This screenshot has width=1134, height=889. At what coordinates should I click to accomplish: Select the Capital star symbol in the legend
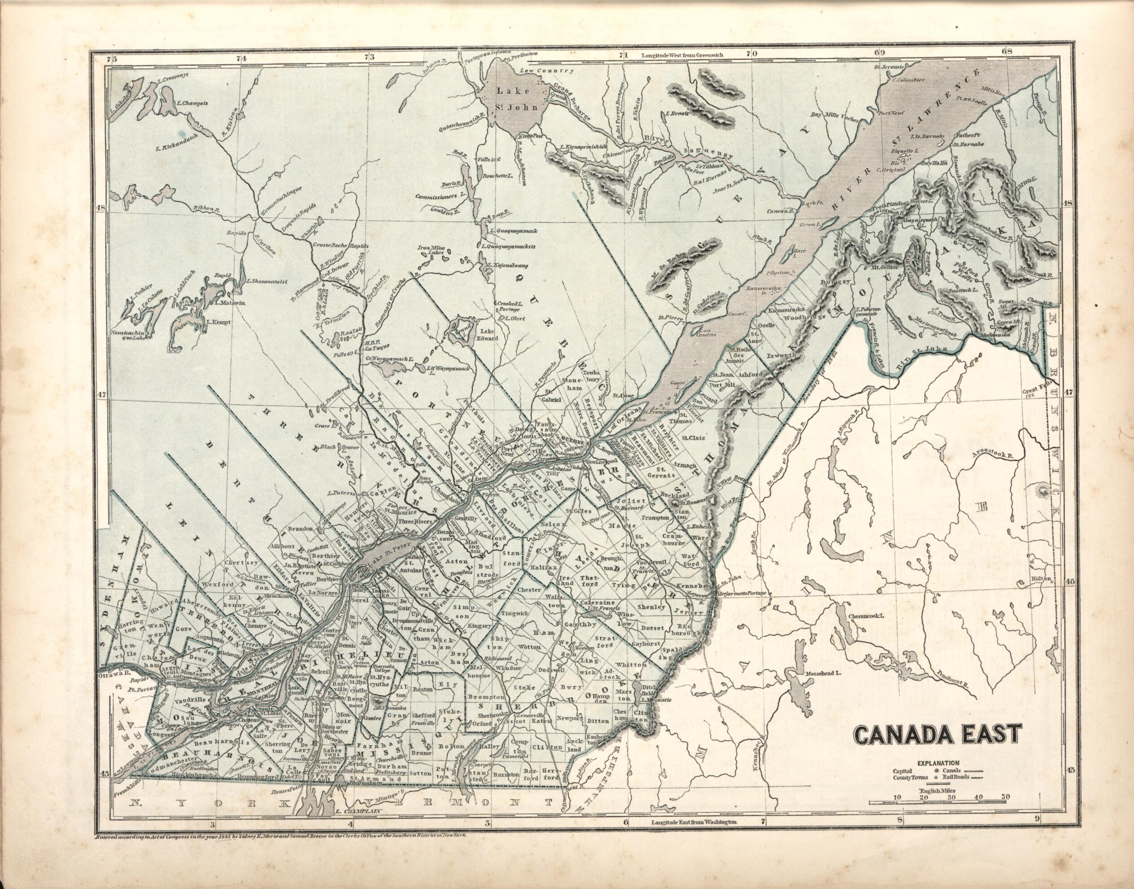pyautogui.click(x=937, y=771)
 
